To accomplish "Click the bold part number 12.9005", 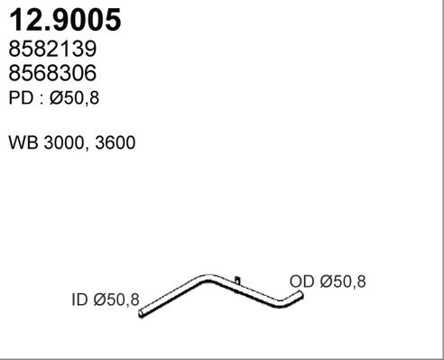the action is click(65, 20).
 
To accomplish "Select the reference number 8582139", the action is click(52, 49).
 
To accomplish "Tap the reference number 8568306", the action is click(52, 73).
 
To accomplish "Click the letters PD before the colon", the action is click(21, 98).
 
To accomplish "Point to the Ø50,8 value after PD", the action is click(74, 98).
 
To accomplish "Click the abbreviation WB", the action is click(23, 143).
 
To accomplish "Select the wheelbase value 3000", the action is click(63, 143).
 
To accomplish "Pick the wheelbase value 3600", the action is click(116, 143).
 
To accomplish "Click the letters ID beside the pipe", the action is click(79, 300).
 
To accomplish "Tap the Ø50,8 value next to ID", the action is click(116, 300).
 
